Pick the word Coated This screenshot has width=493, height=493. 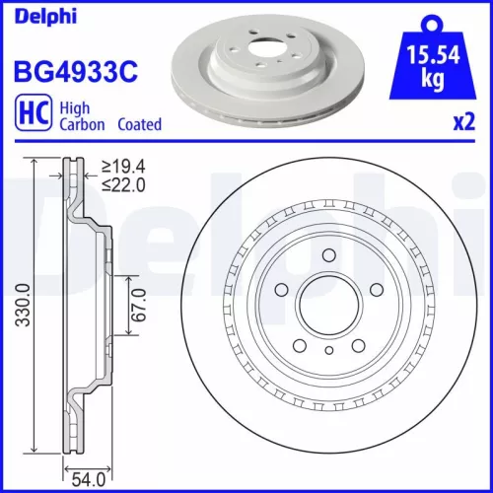(139, 125)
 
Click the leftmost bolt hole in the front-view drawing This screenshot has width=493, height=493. (281, 290)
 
